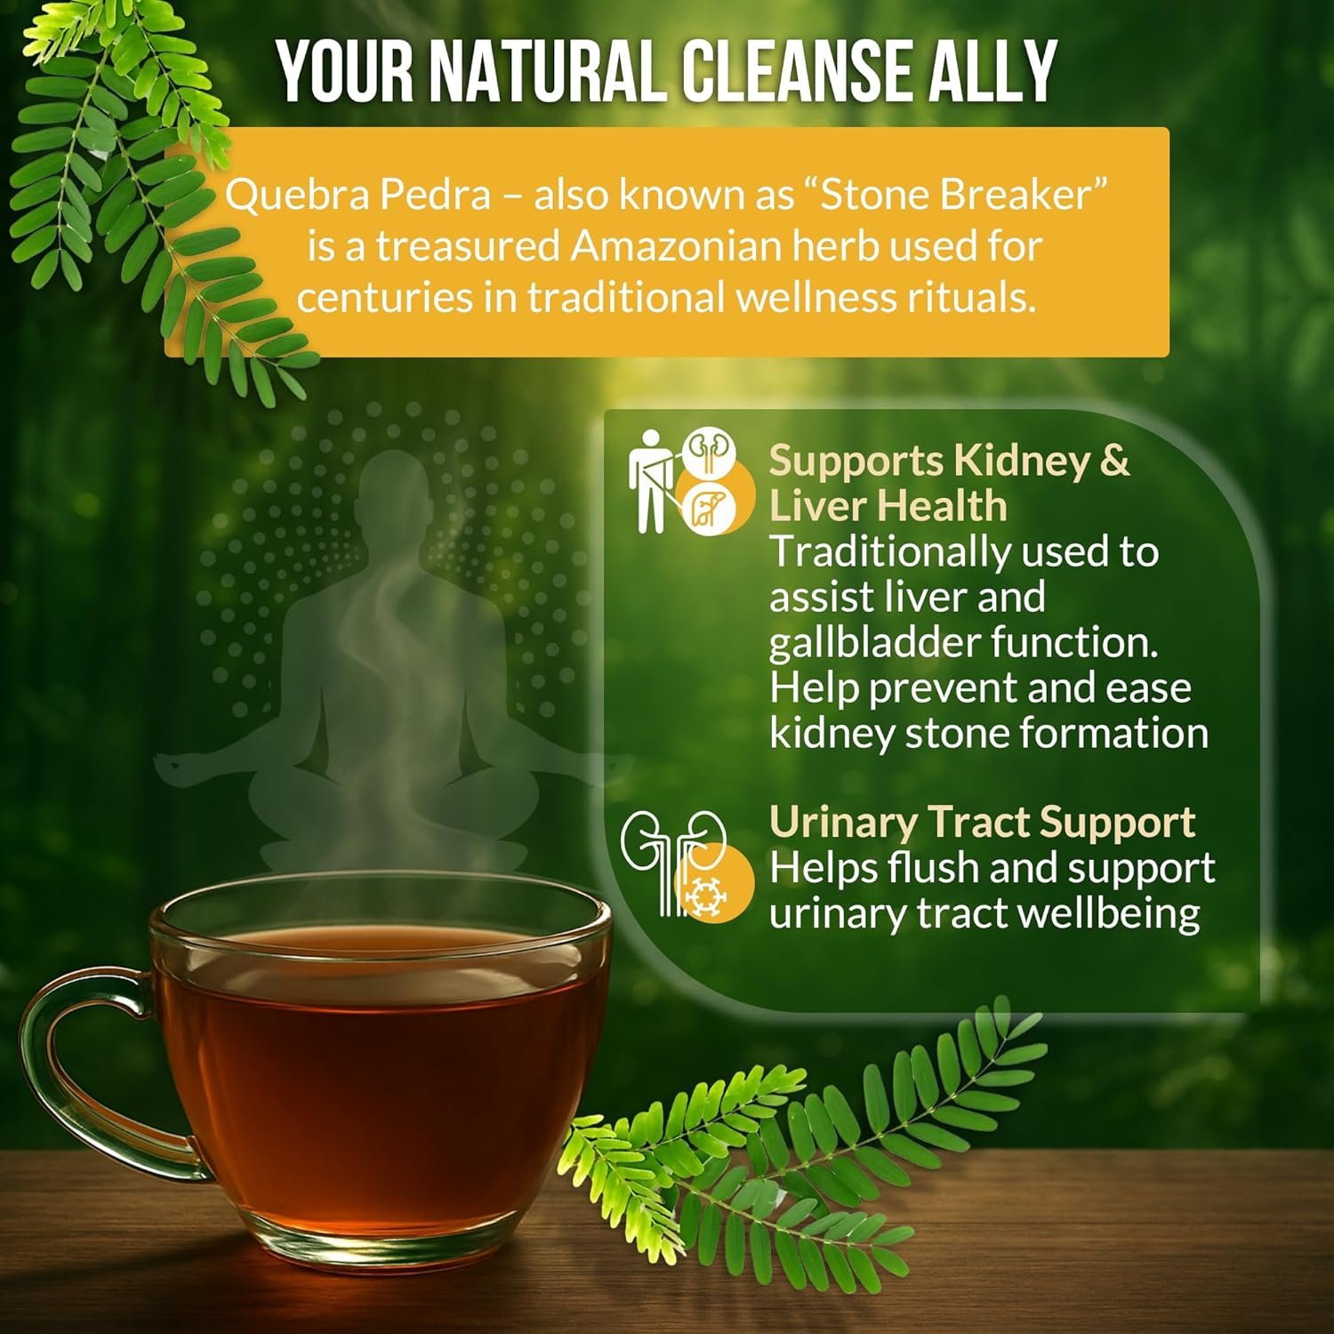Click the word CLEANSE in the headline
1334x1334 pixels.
pyautogui.click(x=791, y=70)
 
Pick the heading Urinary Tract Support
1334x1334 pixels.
pyautogui.click(x=982, y=822)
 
